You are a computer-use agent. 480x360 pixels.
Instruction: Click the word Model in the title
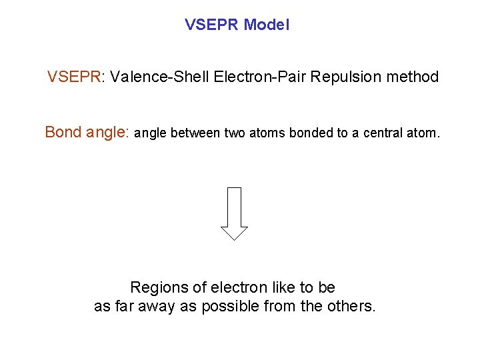pyautogui.click(x=267, y=25)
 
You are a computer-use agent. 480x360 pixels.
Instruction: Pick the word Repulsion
pyautogui.click(x=345, y=77)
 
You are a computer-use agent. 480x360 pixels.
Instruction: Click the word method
pyautogui.click(x=413, y=77)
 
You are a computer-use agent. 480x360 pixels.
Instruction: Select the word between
pyautogui.click(x=195, y=133)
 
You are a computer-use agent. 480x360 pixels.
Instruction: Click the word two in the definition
pyautogui.click(x=235, y=133)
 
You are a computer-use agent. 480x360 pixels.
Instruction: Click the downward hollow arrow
pyautogui.click(x=234, y=213)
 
